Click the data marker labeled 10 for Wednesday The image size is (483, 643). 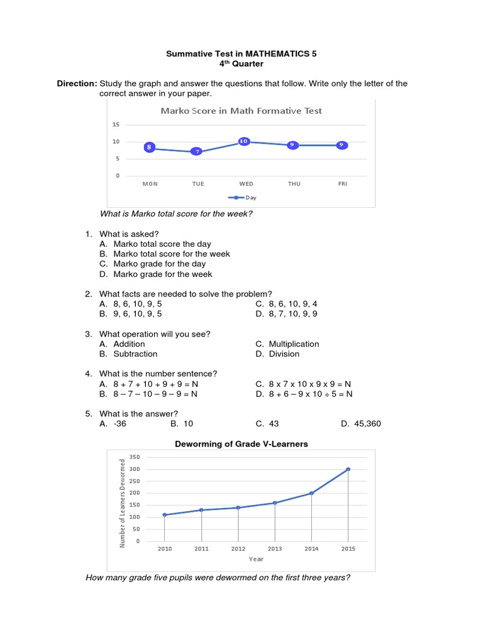pos(243,141)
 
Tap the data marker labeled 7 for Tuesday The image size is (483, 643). pos(197,151)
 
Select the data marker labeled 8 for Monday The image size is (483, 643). pos(149,147)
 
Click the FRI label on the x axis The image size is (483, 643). pos(342,184)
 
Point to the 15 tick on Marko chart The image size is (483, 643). pos(116,124)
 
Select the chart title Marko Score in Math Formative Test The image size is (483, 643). pos(241,111)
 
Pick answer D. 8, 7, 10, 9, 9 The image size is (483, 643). pos(286,313)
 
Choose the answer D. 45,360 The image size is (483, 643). pos(361,424)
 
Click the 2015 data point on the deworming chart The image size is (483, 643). pos(348,469)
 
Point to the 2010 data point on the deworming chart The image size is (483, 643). pos(165,515)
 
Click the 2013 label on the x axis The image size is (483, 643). pos(275,549)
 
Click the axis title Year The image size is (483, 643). pos(256,559)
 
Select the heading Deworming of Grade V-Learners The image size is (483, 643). pos(241,444)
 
